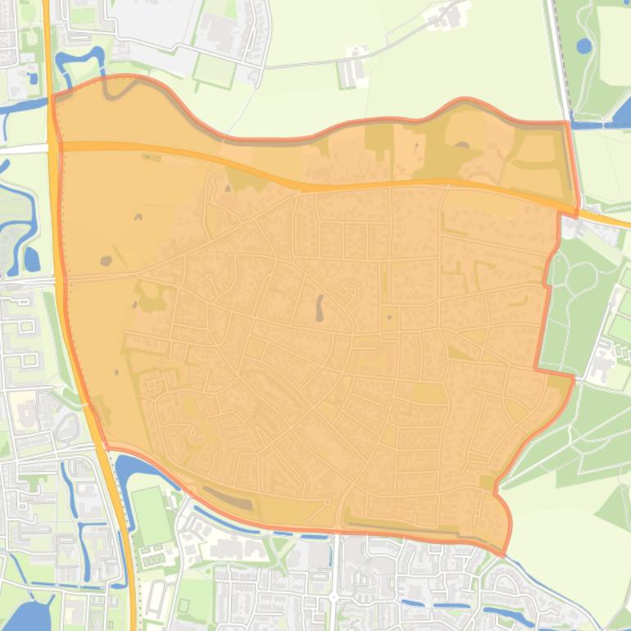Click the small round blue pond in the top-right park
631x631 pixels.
tap(583, 46)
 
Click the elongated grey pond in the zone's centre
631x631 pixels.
tap(319, 308)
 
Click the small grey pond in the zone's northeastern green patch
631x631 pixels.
tap(462, 146)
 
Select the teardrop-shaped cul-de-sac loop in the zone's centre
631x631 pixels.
tap(350, 291)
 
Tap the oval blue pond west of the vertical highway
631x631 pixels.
tap(31, 260)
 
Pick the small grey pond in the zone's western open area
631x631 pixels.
tap(107, 261)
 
